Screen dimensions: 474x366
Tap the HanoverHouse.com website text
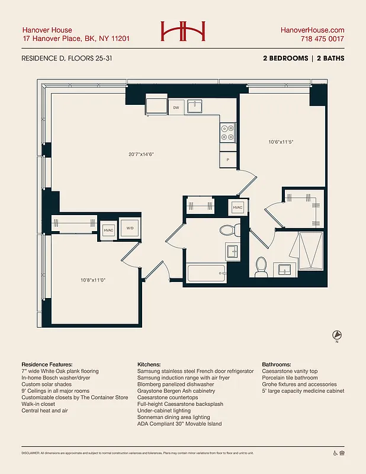click(x=312, y=30)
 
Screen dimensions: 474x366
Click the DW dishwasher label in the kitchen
click(x=176, y=108)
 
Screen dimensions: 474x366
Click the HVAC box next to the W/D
click(x=108, y=230)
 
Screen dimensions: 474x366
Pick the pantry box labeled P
click(x=228, y=160)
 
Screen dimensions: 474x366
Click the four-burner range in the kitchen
click(x=228, y=132)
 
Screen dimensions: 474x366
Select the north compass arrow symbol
click(x=336, y=335)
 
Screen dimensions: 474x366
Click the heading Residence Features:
click(x=47, y=364)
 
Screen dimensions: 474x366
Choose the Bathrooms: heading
click(x=276, y=364)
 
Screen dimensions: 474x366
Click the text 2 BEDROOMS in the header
click(x=285, y=59)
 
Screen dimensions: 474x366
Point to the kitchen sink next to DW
click(x=195, y=107)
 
